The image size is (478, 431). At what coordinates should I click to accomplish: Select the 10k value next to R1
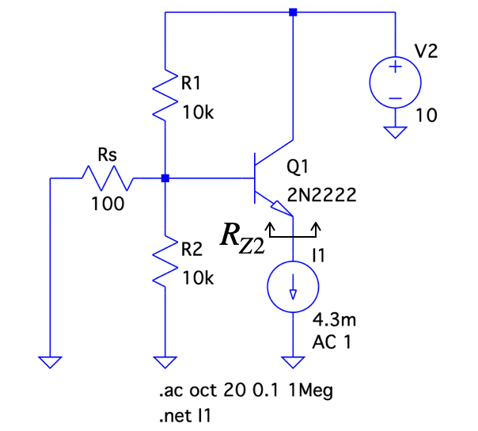[x=198, y=112]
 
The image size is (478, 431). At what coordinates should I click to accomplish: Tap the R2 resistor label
[x=192, y=248]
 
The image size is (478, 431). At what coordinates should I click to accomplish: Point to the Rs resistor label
[x=107, y=154]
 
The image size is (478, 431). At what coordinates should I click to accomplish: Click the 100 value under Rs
[x=107, y=204]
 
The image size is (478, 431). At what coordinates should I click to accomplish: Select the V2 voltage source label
[x=427, y=52]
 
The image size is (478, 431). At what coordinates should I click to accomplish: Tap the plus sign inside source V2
[x=393, y=69]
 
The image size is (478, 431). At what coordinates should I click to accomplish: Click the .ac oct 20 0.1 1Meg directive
[x=235, y=391]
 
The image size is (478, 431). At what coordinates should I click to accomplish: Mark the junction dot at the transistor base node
[x=164, y=179]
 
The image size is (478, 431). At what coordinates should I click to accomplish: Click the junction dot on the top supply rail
[x=293, y=13]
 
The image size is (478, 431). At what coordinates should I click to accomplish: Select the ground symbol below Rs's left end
[x=50, y=361]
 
